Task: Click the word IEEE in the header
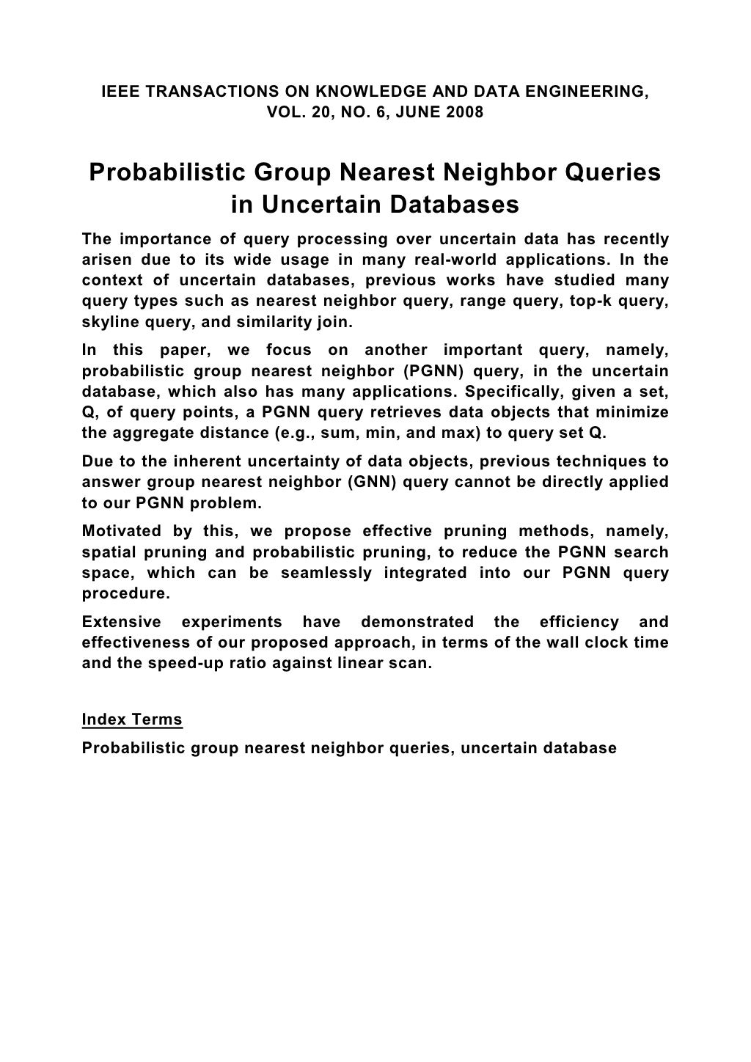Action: click(x=117, y=92)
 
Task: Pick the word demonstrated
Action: click(x=417, y=622)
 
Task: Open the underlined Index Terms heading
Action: click(x=132, y=719)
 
